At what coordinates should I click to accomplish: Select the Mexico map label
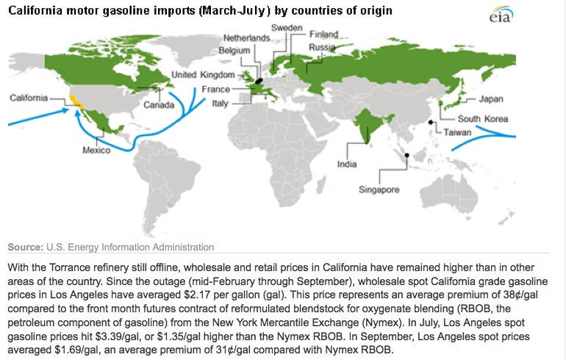96,151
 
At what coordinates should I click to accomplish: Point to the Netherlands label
247,37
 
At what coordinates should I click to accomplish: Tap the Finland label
323,35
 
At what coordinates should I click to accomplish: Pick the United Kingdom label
202,75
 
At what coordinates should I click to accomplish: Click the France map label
215,90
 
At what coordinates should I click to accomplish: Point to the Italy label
220,104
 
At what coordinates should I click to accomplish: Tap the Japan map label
490,99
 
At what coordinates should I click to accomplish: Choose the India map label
347,165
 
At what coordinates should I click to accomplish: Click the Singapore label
379,190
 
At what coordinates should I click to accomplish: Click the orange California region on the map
76,101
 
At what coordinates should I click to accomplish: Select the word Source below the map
26,247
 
